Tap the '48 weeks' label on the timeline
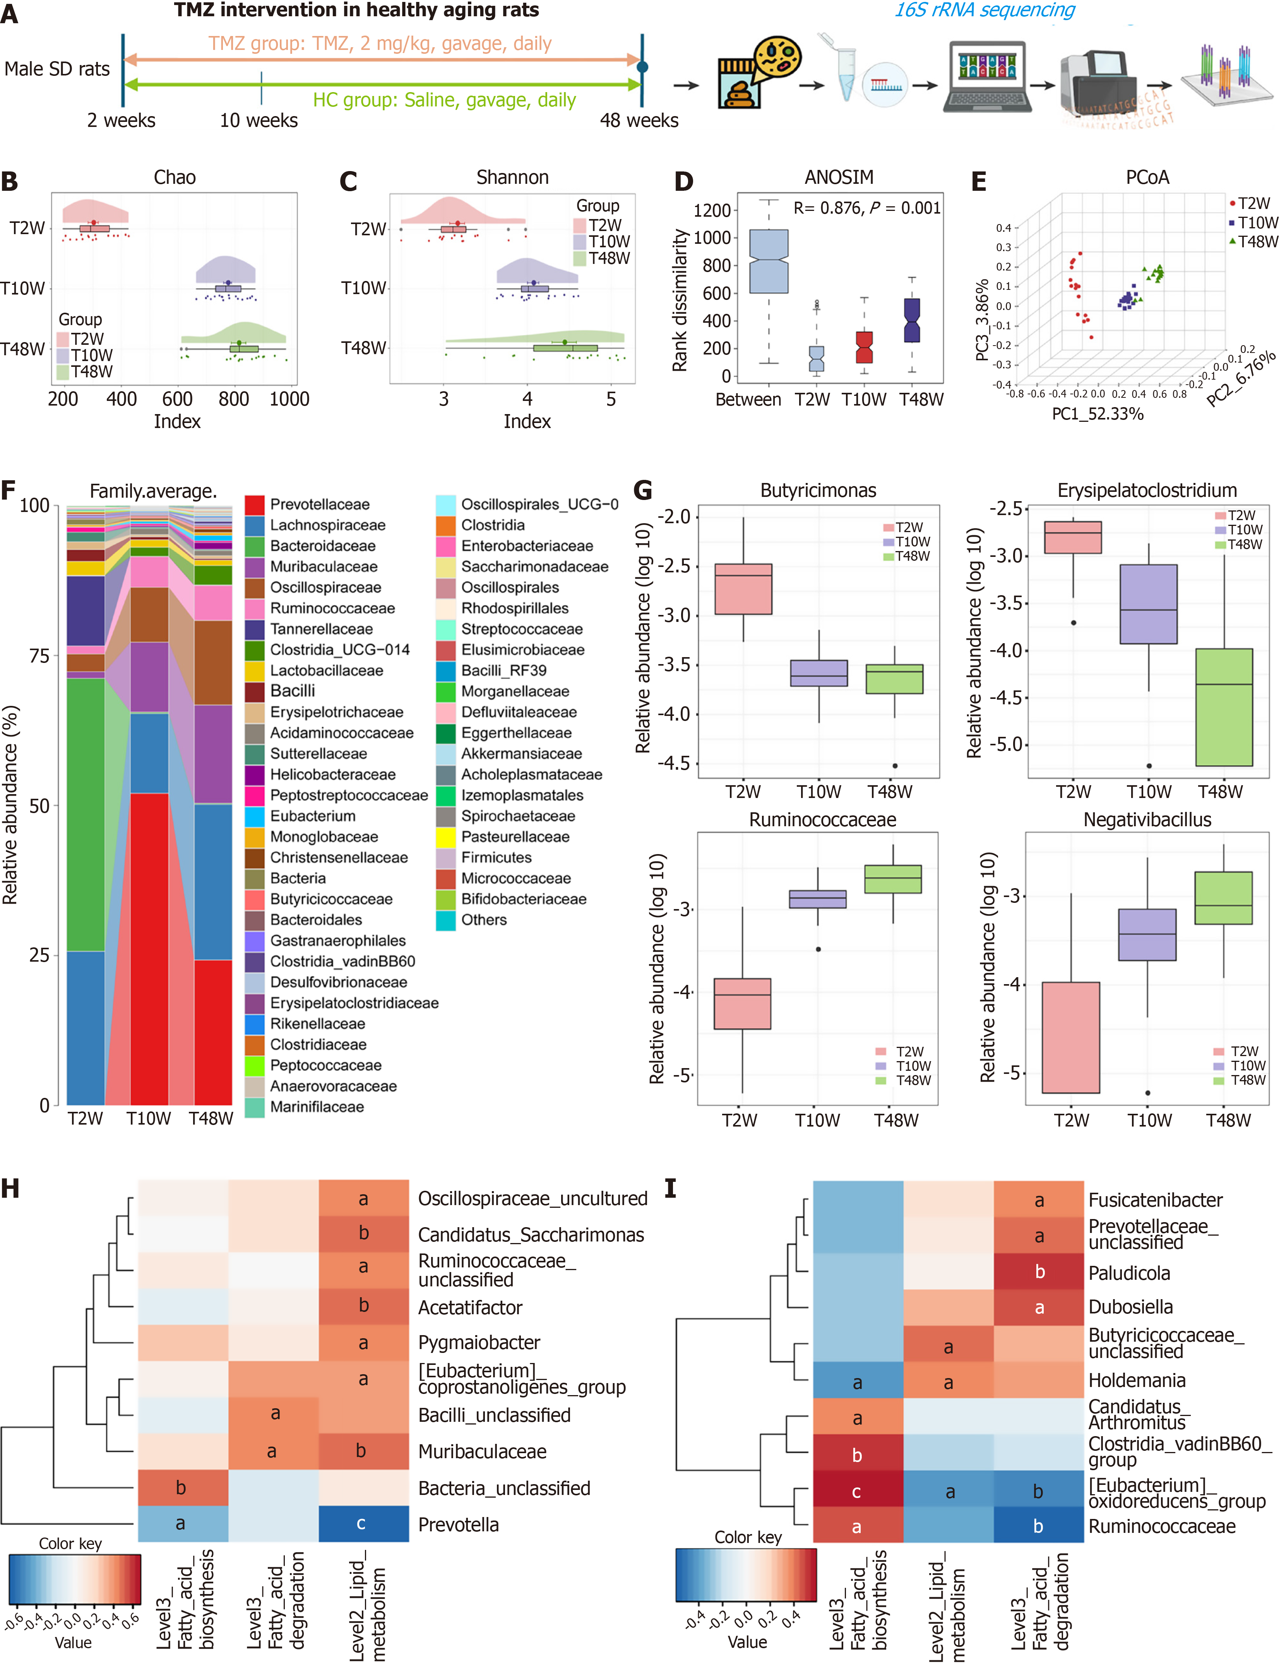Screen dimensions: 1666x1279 coord(639,120)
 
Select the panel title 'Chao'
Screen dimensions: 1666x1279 coord(175,177)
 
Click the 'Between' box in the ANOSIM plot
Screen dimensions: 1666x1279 coord(769,261)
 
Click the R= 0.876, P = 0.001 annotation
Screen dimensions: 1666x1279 coord(866,208)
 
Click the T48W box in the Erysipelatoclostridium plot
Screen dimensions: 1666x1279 coord(1223,707)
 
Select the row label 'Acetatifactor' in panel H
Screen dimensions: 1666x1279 coord(470,1307)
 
